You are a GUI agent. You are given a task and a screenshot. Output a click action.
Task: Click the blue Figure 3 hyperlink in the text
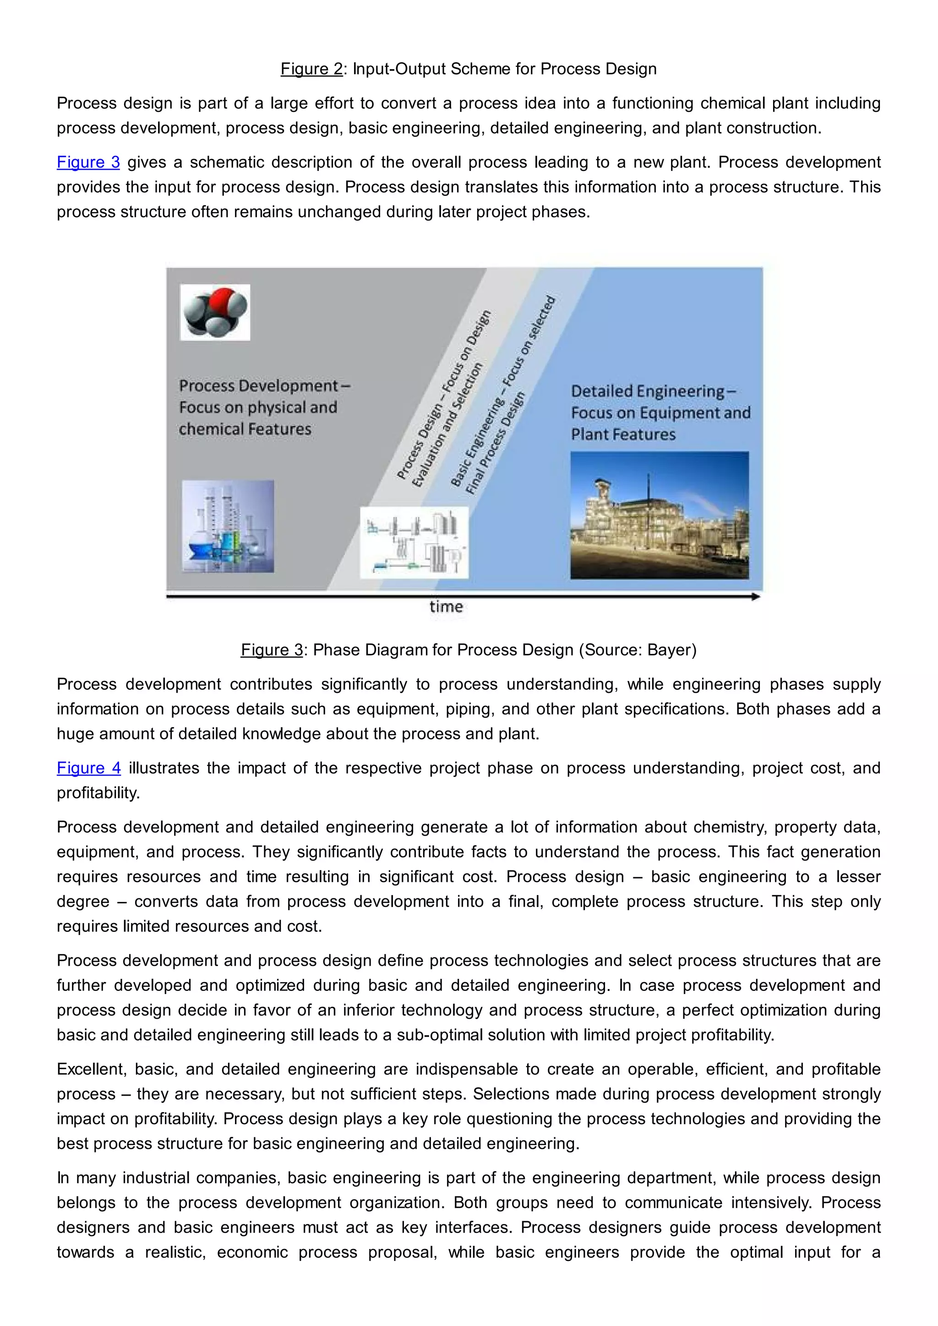tap(88, 162)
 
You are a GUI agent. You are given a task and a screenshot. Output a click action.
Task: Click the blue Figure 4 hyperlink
tap(88, 768)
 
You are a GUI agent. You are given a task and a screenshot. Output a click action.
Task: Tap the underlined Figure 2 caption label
tap(311, 69)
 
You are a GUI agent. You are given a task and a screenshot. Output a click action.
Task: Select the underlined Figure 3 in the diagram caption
tap(272, 650)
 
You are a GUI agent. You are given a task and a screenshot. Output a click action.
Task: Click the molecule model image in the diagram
tap(215, 312)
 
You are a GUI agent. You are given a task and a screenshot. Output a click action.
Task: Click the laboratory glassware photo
tap(228, 526)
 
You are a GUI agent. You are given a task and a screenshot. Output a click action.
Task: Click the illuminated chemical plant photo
tap(659, 515)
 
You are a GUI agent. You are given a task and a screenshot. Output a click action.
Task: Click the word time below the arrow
tap(446, 607)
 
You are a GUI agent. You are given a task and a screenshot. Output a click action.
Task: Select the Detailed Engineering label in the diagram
tap(647, 391)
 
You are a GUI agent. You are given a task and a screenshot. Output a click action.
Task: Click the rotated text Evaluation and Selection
tap(447, 425)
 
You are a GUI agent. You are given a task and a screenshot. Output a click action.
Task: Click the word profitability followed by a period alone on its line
tap(98, 793)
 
